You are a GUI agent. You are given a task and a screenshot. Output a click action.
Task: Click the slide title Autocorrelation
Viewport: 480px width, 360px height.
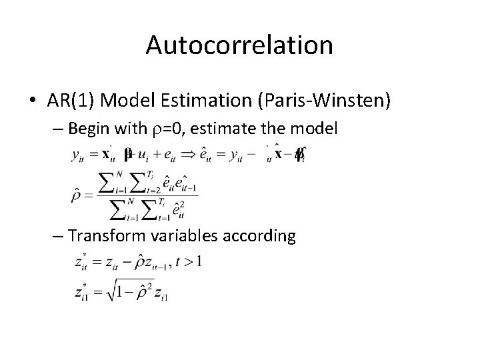pyautogui.click(x=239, y=45)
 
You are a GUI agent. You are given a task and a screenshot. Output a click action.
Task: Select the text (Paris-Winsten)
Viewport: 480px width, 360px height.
pyautogui.click(x=322, y=101)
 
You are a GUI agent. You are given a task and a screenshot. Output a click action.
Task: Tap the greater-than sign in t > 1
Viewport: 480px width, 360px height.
pyautogui.click(x=187, y=261)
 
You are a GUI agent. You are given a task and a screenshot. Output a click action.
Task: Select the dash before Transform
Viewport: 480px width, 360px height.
pyautogui.click(x=58, y=236)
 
